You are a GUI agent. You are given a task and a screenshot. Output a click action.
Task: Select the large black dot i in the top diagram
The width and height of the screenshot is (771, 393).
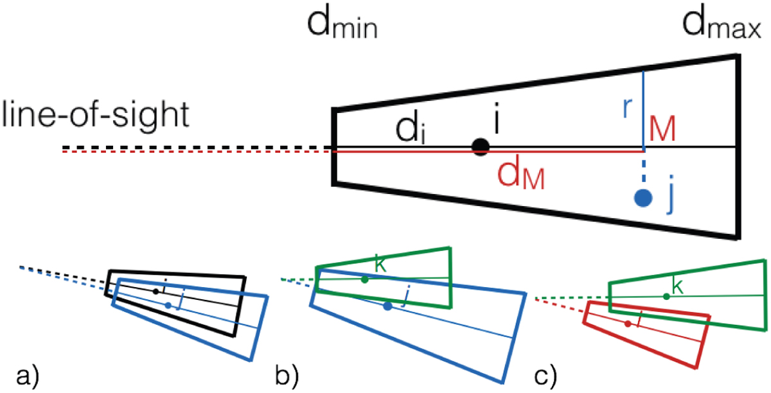479,147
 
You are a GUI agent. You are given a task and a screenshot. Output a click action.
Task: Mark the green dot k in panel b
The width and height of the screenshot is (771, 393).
365,279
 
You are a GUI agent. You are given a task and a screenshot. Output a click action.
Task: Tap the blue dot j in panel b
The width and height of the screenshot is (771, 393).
387,306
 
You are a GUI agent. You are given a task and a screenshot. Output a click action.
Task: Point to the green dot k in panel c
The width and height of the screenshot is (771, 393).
667,295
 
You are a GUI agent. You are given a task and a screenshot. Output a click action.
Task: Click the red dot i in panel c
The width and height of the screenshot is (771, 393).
627,324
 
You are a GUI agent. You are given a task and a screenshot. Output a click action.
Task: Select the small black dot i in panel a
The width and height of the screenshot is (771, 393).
155,292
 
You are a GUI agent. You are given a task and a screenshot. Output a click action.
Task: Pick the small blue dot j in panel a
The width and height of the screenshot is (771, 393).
168,305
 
